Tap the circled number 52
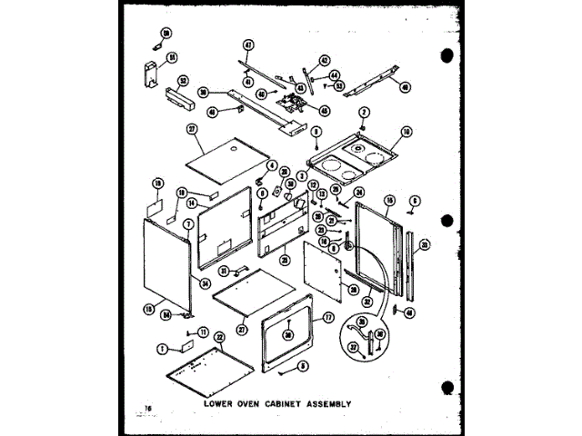coord(184,78)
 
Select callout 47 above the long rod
coord(247,45)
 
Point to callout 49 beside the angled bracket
coord(405,88)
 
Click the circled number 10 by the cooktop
coord(406,131)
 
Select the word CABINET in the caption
coord(284,402)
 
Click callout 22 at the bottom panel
coord(219,336)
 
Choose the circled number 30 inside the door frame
coord(288,333)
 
